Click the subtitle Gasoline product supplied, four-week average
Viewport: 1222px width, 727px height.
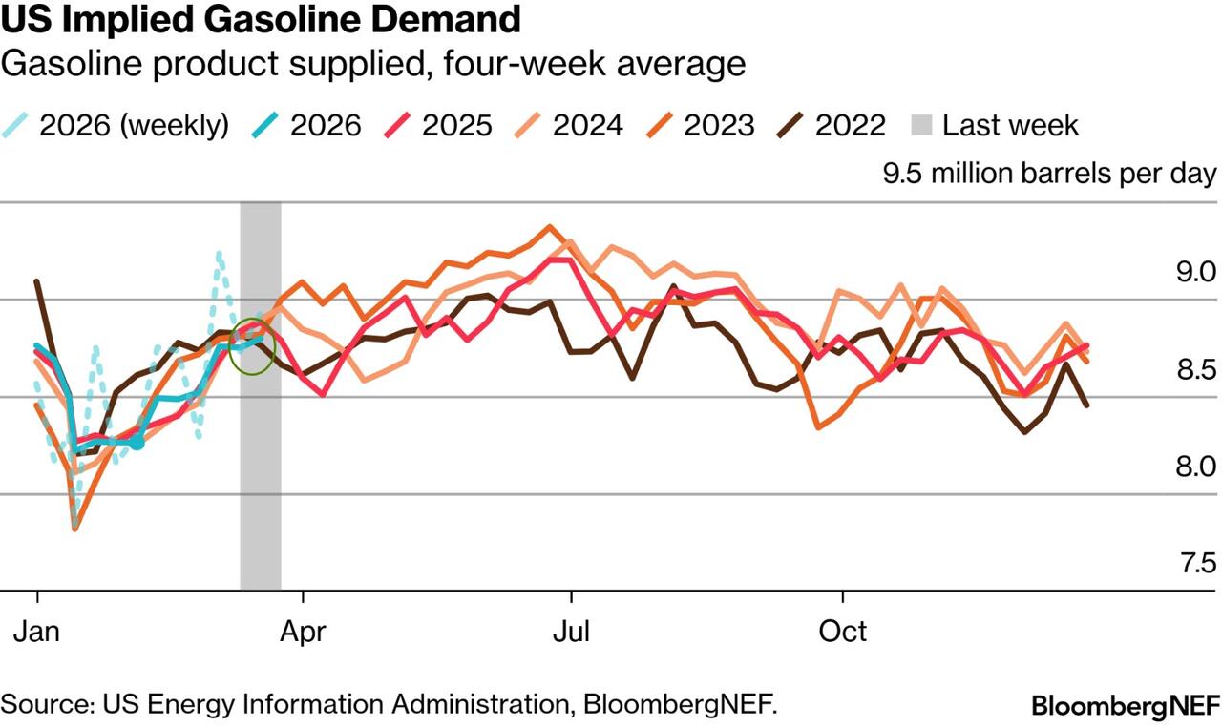coord(373,64)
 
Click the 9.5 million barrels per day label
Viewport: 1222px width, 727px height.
coord(1049,175)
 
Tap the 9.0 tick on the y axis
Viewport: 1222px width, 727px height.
coord(1196,273)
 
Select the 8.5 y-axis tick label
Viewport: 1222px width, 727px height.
coord(1196,369)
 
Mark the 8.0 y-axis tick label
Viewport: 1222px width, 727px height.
coord(1196,467)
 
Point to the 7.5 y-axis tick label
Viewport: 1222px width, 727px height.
coord(1196,563)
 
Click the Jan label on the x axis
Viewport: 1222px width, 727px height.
coord(37,631)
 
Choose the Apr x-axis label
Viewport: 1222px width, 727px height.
coord(304,631)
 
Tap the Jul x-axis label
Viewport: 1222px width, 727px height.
coord(571,631)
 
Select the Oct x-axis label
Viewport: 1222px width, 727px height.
coord(843,631)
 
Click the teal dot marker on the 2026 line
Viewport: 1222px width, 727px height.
coord(137,443)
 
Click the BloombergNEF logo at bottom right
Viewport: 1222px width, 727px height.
coord(1126,706)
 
